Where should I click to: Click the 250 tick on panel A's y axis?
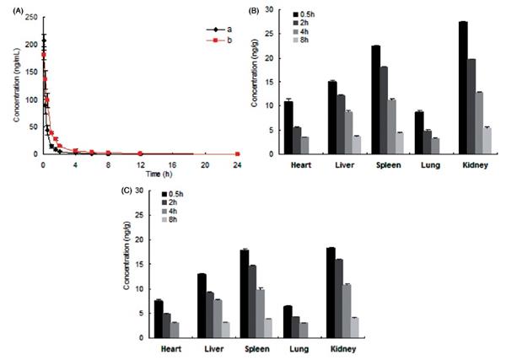click(x=30, y=16)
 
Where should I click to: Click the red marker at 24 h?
click(x=238, y=153)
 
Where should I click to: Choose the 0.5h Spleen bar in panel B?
click(x=376, y=99)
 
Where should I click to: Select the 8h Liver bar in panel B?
click(x=357, y=145)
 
